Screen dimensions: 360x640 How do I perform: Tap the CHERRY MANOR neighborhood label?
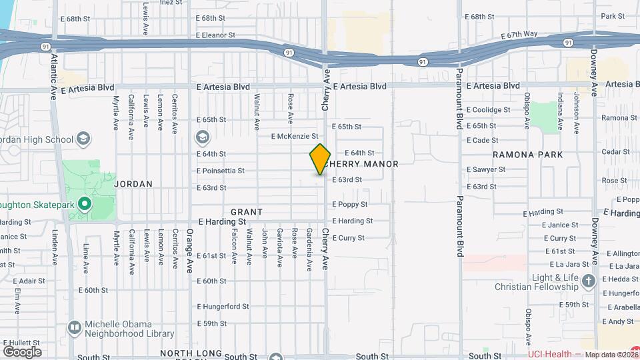point(364,164)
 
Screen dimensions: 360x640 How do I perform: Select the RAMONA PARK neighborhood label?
point(528,155)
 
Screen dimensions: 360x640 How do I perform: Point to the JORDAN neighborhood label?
point(133,183)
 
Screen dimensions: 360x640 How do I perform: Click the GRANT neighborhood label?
point(247,212)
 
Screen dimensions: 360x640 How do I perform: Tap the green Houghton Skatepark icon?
point(84,204)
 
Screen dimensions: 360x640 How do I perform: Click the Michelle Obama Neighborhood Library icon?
point(75,328)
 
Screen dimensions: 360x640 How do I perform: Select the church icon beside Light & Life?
point(588,281)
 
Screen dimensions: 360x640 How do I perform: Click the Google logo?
point(23,351)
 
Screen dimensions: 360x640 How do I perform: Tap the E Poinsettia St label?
point(221,171)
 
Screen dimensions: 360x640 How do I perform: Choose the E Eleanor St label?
point(215,35)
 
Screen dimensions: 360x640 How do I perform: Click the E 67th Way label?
point(519,34)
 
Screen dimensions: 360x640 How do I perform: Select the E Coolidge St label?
point(488,110)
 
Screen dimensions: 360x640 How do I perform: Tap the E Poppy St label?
point(350,204)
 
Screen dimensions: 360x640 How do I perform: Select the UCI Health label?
point(550,355)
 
